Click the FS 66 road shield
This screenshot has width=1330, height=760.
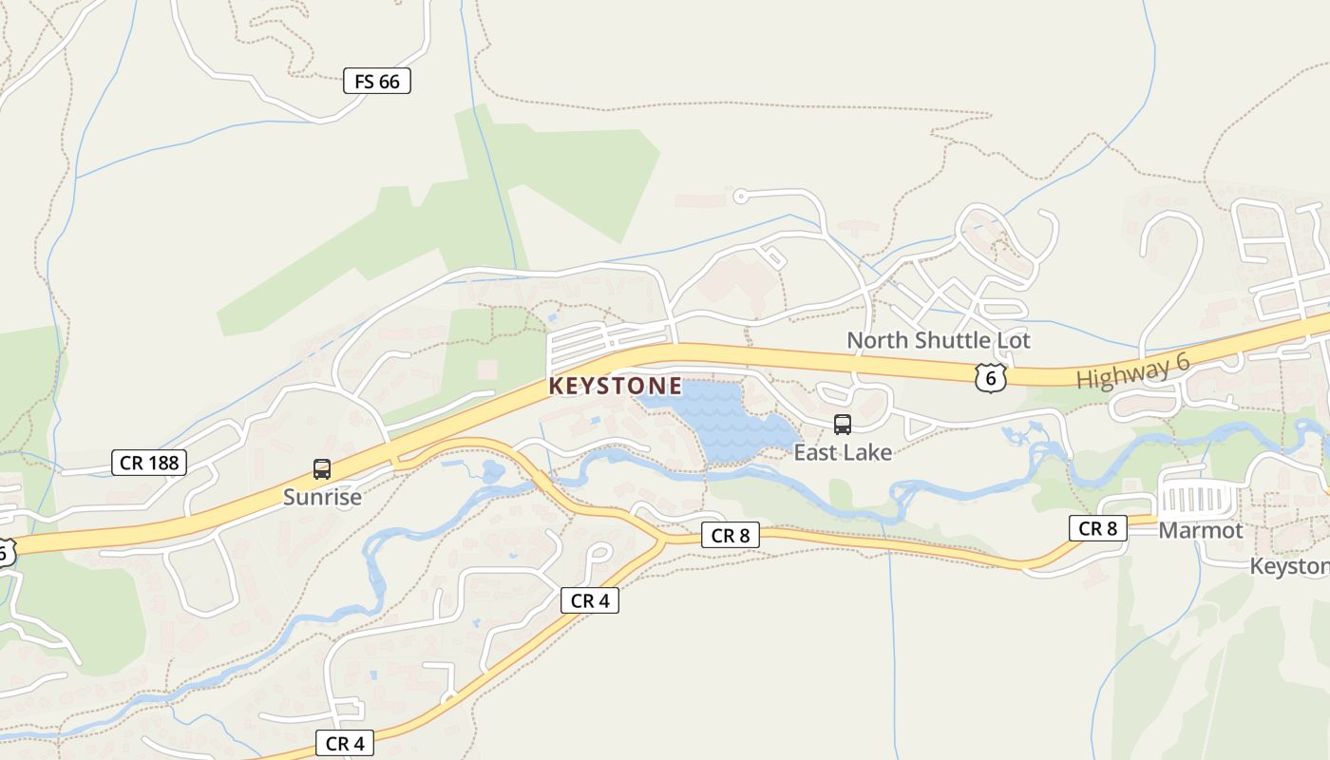point(377,82)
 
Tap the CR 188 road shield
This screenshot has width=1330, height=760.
point(148,463)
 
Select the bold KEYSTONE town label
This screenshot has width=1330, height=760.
point(615,386)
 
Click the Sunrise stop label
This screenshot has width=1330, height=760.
point(322,497)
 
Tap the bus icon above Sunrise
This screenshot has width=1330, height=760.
point(322,468)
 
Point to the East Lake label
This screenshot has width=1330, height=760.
point(843,452)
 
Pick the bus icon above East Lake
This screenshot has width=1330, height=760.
point(843,424)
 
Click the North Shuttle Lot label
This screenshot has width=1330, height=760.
point(938,340)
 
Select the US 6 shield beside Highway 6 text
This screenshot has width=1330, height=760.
point(990,378)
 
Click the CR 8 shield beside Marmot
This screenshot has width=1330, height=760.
point(1098,528)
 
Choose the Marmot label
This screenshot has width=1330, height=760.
point(1200,530)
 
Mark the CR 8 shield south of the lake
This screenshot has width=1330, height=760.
point(731,536)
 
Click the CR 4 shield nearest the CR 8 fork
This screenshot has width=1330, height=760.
point(590,600)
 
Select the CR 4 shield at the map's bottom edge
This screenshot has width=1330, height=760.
point(345,743)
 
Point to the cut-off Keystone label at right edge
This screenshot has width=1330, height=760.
point(1289,566)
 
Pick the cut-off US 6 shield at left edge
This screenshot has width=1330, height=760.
point(5,551)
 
